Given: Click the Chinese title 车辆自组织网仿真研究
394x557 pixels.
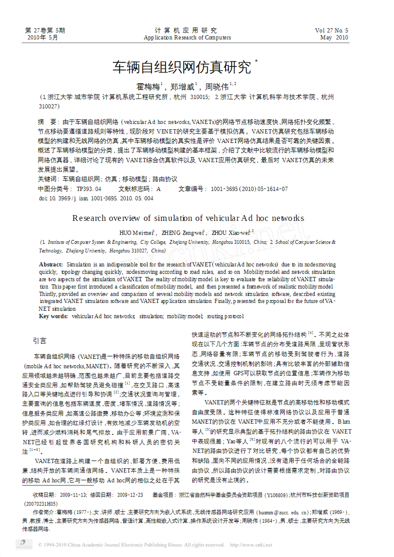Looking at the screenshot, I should coord(182,67).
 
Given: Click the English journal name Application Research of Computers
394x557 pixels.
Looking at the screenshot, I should coord(187,38).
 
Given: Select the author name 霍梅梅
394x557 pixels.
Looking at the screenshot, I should coord(148,87).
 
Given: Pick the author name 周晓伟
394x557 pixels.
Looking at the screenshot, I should coord(216,87).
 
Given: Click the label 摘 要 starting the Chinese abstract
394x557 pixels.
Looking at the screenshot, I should coord(47,122).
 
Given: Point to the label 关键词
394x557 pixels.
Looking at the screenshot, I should coord(47,179).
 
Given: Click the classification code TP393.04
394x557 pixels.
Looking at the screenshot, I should coord(89,189).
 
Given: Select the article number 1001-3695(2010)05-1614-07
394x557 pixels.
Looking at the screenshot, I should coord(249,189).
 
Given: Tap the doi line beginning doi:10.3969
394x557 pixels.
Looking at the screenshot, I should coord(96,199).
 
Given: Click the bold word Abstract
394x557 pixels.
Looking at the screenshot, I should coord(51,265).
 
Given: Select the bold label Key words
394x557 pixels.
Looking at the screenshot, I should coord(53,316).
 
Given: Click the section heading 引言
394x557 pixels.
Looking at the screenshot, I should coord(40,341).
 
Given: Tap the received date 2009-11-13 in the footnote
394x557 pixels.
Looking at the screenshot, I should coord(73,495).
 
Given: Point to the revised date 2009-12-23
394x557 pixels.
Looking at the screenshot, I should coord(130,495).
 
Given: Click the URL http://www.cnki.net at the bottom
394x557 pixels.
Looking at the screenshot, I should coord(251,545).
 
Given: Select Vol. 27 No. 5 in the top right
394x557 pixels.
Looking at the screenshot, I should coord(331,31).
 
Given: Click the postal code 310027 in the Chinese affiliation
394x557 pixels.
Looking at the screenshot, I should coord(49,107).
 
